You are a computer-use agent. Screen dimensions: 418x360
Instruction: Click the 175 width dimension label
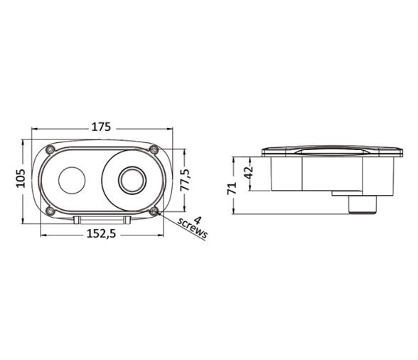[x=101, y=127]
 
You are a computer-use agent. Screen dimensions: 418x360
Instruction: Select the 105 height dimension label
[x=21, y=179]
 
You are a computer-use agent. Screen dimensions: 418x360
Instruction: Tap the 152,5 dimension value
[x=102, y=234]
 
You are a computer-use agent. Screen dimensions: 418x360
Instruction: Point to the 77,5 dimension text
[x=185, y=180]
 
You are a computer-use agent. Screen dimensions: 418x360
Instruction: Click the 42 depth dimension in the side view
[x=249, y=173]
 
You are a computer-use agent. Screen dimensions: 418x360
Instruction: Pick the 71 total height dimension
[x=232, y=188]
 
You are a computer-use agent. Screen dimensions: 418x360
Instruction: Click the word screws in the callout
[x=192, y=228]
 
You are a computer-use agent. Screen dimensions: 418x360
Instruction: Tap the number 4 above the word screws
[x=198, y=221]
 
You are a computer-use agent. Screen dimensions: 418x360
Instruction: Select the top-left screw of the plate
[x=50, y=150]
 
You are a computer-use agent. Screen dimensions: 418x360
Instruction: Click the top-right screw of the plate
[x=154, y=149]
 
